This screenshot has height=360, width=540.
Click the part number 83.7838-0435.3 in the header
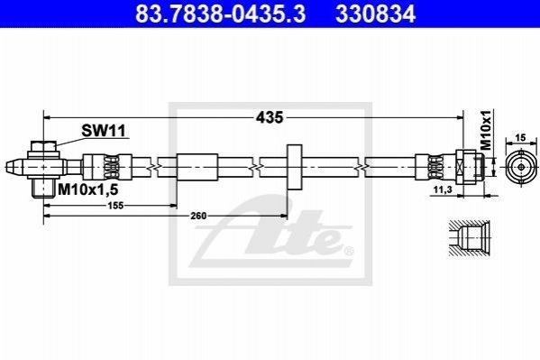[220, 14]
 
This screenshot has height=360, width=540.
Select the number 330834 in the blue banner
[376, 14]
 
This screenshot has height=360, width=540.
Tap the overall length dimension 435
[270, 117]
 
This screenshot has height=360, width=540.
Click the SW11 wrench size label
[104, 131]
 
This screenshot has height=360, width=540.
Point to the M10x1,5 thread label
[88, 189]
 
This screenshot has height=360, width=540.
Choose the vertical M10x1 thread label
[486, 130]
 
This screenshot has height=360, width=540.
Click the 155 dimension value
[115, 206]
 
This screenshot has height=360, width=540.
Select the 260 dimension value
[198, 216]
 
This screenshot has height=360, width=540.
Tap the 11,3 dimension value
[443, 189]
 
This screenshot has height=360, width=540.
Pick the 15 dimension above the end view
[521, 137]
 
